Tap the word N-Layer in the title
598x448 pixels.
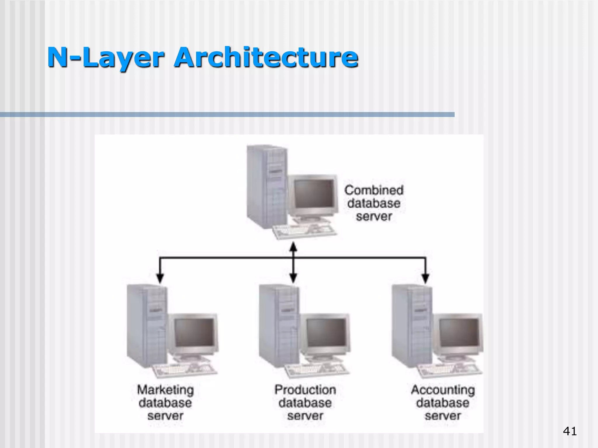pyautogui.click(x=105, y=57)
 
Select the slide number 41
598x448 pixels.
pyautogui.click(x=570, y=431)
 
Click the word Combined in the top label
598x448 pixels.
pyautogui.click(x=374, y=190)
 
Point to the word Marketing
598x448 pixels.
pyautogui.click(x=165, y=390)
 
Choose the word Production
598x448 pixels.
pyautogui.click(x=305, y=390)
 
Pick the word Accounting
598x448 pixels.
pyautogui.click(x=443, y=390)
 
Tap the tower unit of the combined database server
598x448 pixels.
pyautogui.click(x=266, y=187)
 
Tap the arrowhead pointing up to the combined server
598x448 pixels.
pyautogui.click(x=293, y=247)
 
